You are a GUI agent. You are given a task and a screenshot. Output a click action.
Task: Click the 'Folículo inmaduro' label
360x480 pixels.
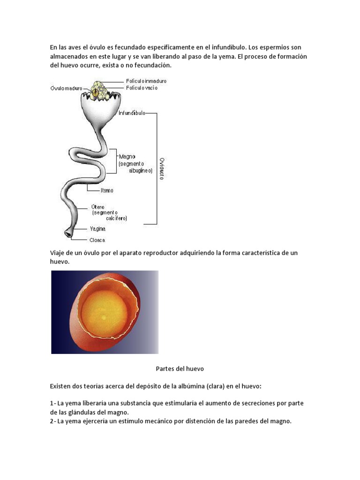click(146, 81)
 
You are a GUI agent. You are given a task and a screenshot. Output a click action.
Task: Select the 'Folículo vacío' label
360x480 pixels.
click(141, 88)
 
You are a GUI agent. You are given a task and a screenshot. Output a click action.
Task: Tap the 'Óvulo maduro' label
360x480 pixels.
click(67, 88)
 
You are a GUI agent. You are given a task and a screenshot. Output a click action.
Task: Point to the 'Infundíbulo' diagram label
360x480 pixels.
click(132, 113)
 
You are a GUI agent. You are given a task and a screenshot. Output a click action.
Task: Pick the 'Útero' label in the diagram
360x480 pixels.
click(98, 207)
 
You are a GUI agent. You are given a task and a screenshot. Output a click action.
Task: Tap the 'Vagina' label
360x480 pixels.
click(97, 229)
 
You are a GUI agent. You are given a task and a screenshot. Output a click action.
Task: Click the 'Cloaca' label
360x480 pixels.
click(97, 240)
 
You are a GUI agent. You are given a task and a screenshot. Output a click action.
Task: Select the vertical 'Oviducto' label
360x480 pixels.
click(162, 168)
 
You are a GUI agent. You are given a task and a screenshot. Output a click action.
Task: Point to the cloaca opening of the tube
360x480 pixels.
click(68, 233)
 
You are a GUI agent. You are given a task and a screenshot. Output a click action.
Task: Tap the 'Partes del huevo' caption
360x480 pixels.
click(180, 369)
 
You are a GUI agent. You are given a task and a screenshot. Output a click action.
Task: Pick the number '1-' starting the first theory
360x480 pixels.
click(53, 403)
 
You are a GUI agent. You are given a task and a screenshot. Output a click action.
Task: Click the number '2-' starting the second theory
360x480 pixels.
click(53, 421)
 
